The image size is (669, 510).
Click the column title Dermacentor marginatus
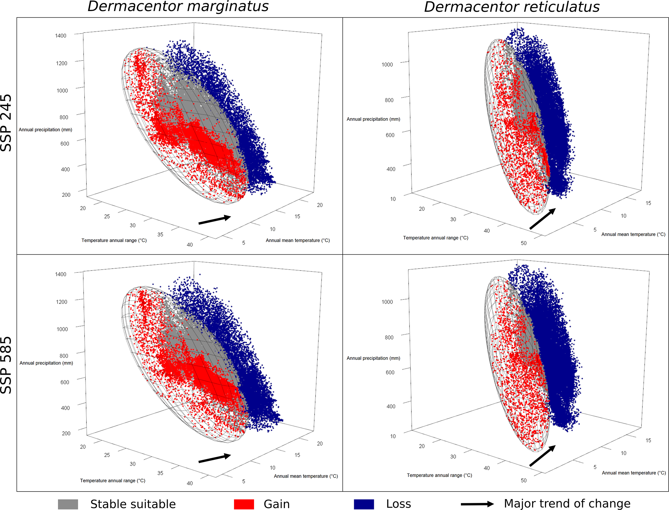click(x=178, y=6)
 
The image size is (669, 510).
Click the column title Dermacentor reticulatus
click(x=512, y=7)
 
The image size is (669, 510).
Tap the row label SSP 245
click(x=6, y=123)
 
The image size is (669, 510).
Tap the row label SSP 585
click(x=6, y=365)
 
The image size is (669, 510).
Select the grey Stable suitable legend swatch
click(x=68, y=504)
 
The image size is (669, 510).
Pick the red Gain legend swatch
click(x=244, y=504)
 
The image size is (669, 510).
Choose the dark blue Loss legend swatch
click(x=364, y=504)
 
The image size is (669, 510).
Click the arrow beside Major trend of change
click(x=477, y=504)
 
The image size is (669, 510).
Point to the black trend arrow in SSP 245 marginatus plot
click(x=215, y=220)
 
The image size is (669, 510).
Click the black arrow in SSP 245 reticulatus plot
click(x=542, y=219)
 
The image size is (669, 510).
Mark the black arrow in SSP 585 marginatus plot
click(x=215, y=458)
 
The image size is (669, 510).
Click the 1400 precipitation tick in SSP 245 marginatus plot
click(x=61, y=36)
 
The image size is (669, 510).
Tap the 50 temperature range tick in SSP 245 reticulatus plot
click(x=524, y=243)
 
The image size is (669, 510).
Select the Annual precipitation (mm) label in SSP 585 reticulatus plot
click(x=373, y=358)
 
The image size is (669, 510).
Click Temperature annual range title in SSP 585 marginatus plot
click(x=113, y=481)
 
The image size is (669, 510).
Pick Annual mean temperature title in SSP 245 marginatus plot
click(x=298, y=240)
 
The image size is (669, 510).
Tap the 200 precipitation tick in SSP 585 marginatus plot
click(x=66, y=433)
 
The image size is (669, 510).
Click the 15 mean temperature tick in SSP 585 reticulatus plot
click(x=648, y=440)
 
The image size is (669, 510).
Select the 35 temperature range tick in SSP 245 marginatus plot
click(x=160, y=234)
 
